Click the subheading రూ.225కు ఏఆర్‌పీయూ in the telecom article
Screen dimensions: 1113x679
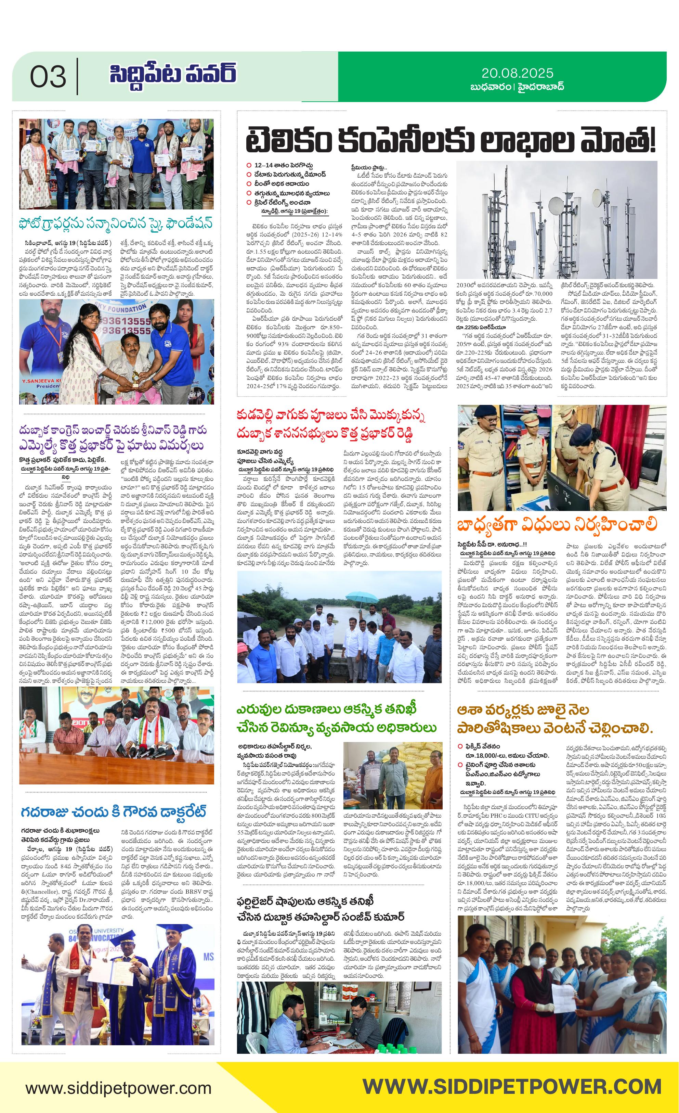point(481,327)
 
